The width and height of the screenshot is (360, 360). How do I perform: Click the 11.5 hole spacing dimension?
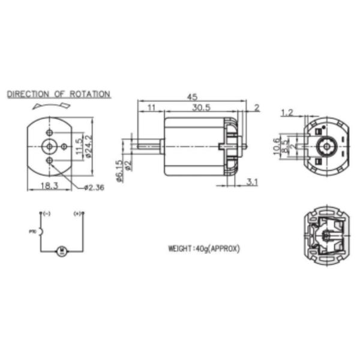click(x=77, y=146)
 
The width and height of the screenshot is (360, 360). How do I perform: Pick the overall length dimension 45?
click(x=193, y=97)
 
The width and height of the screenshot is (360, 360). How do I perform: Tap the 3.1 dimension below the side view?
click(x=252, y=182)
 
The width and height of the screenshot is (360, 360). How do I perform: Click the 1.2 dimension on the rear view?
click(x=287, y=112)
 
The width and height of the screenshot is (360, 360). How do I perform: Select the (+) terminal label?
click(x=77, y=213)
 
